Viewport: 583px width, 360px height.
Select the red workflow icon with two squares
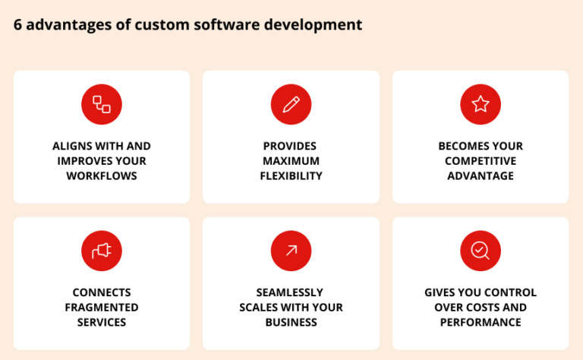pos(102,105)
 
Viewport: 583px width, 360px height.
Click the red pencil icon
pos(291,105)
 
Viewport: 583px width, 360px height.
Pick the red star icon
pos(481,105)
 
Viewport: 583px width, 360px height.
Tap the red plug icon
pos(102,251)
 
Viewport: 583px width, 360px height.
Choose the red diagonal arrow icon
pos(291,251)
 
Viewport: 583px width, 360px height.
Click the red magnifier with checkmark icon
pos(481,251)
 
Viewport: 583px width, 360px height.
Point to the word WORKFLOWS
pos(102,176)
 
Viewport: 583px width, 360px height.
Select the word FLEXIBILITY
pos(291,176)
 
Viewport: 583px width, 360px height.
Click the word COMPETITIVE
pos(481,161)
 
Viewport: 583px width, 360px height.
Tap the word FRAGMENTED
pos(102,308)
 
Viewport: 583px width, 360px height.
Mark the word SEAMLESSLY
pos(291,292)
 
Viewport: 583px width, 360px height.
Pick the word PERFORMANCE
pos(481,322)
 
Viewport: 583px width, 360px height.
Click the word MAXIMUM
pos(291,161)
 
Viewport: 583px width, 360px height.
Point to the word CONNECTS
pos(102,292)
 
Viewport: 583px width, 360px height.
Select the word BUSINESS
pos(291,322)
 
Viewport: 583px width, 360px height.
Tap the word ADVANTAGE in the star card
pos(481,176)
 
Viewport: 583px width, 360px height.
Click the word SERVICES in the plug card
pos(102,322)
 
